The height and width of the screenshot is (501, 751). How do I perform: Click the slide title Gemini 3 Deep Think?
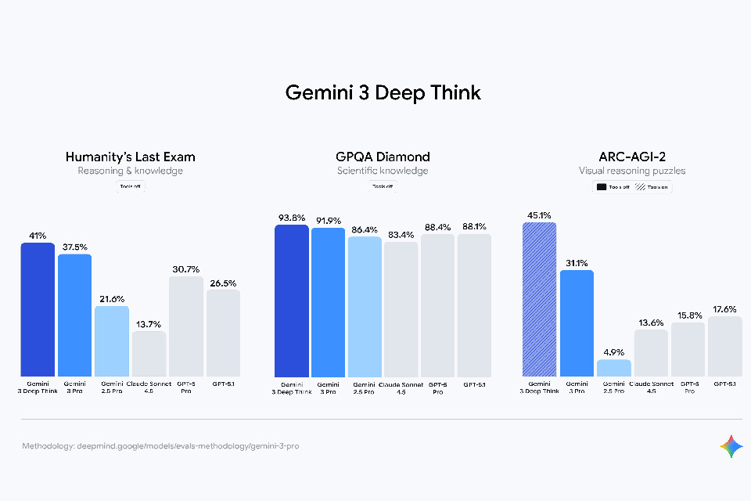pos(383,92)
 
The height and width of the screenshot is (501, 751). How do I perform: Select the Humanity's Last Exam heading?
pos(131,157)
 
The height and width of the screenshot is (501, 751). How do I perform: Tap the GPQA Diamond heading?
pos(383,157)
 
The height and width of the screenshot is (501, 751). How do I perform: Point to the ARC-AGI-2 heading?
pos(632,157)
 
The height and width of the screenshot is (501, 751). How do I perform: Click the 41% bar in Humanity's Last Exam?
pos(38,309)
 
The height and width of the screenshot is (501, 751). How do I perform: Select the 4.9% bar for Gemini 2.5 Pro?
pos(613,367)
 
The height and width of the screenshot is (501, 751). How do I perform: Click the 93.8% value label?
pos(291,218)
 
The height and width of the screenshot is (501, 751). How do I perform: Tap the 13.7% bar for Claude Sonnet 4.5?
pos(149,353)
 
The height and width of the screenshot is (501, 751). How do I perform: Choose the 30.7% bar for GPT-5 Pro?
pos(186,326)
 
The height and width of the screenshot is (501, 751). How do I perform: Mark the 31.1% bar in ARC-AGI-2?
pos(576,323)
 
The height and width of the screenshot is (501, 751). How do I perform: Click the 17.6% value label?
pos(724,309)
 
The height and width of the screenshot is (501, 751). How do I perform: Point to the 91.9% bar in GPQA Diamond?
pos(328,301)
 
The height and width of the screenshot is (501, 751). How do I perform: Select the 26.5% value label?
pos(223,283)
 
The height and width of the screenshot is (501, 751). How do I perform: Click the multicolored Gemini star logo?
pos(731,446)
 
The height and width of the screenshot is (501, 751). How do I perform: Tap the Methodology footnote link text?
pos(160,446)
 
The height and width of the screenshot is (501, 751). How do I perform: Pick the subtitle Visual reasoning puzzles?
pos(632,171)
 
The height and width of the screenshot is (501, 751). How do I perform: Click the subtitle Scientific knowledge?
pos(383,171)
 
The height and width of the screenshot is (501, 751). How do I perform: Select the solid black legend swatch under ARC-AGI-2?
pos(602,187)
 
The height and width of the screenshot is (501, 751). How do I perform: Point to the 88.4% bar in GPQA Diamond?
pos(437,305)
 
